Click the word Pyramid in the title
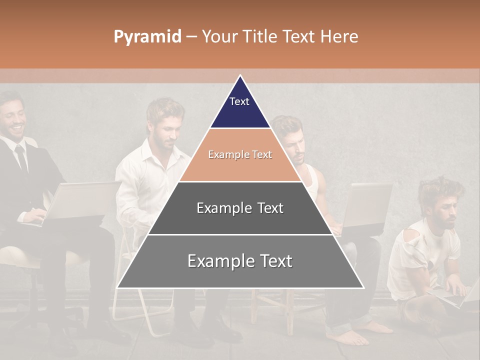147,37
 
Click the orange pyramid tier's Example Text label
240,155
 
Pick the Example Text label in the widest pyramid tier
240,261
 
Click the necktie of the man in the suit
21,157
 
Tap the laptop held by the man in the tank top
367,205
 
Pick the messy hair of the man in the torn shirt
440,190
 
